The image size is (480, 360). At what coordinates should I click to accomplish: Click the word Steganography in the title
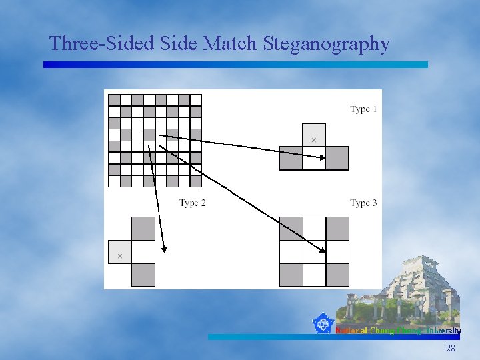[327, 44]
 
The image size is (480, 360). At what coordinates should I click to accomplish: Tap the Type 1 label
[364, 109]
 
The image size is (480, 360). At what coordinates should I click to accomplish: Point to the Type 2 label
[193, 203]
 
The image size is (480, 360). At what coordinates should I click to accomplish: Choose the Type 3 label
[364, 203]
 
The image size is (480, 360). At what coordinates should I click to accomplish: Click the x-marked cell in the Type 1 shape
[314, 135]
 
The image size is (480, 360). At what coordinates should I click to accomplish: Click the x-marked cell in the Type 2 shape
[120, 252]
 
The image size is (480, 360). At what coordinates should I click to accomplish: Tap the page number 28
[451, 349]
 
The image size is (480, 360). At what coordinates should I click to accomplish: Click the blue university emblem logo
[323, 324]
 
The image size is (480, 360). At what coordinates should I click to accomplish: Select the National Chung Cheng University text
[398, 331]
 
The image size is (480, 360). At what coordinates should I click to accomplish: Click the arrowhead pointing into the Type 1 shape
[322, 157]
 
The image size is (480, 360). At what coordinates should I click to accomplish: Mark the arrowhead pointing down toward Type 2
[163, 250]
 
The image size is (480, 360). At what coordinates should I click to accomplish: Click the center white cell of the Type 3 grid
[314, 252]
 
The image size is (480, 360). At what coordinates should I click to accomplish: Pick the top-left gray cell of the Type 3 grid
[291, 229]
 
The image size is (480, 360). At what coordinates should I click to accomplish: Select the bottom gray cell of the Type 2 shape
[143, 275]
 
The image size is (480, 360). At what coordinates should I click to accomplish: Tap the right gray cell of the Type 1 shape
[337, 158]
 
